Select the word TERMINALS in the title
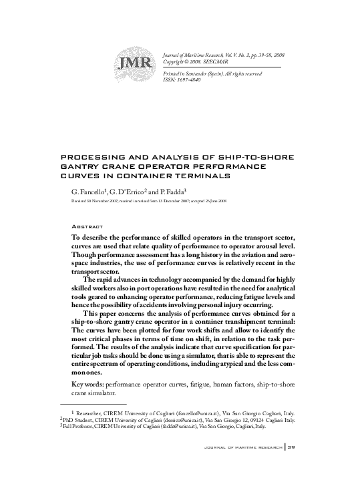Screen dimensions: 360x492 tap(204, 176)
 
